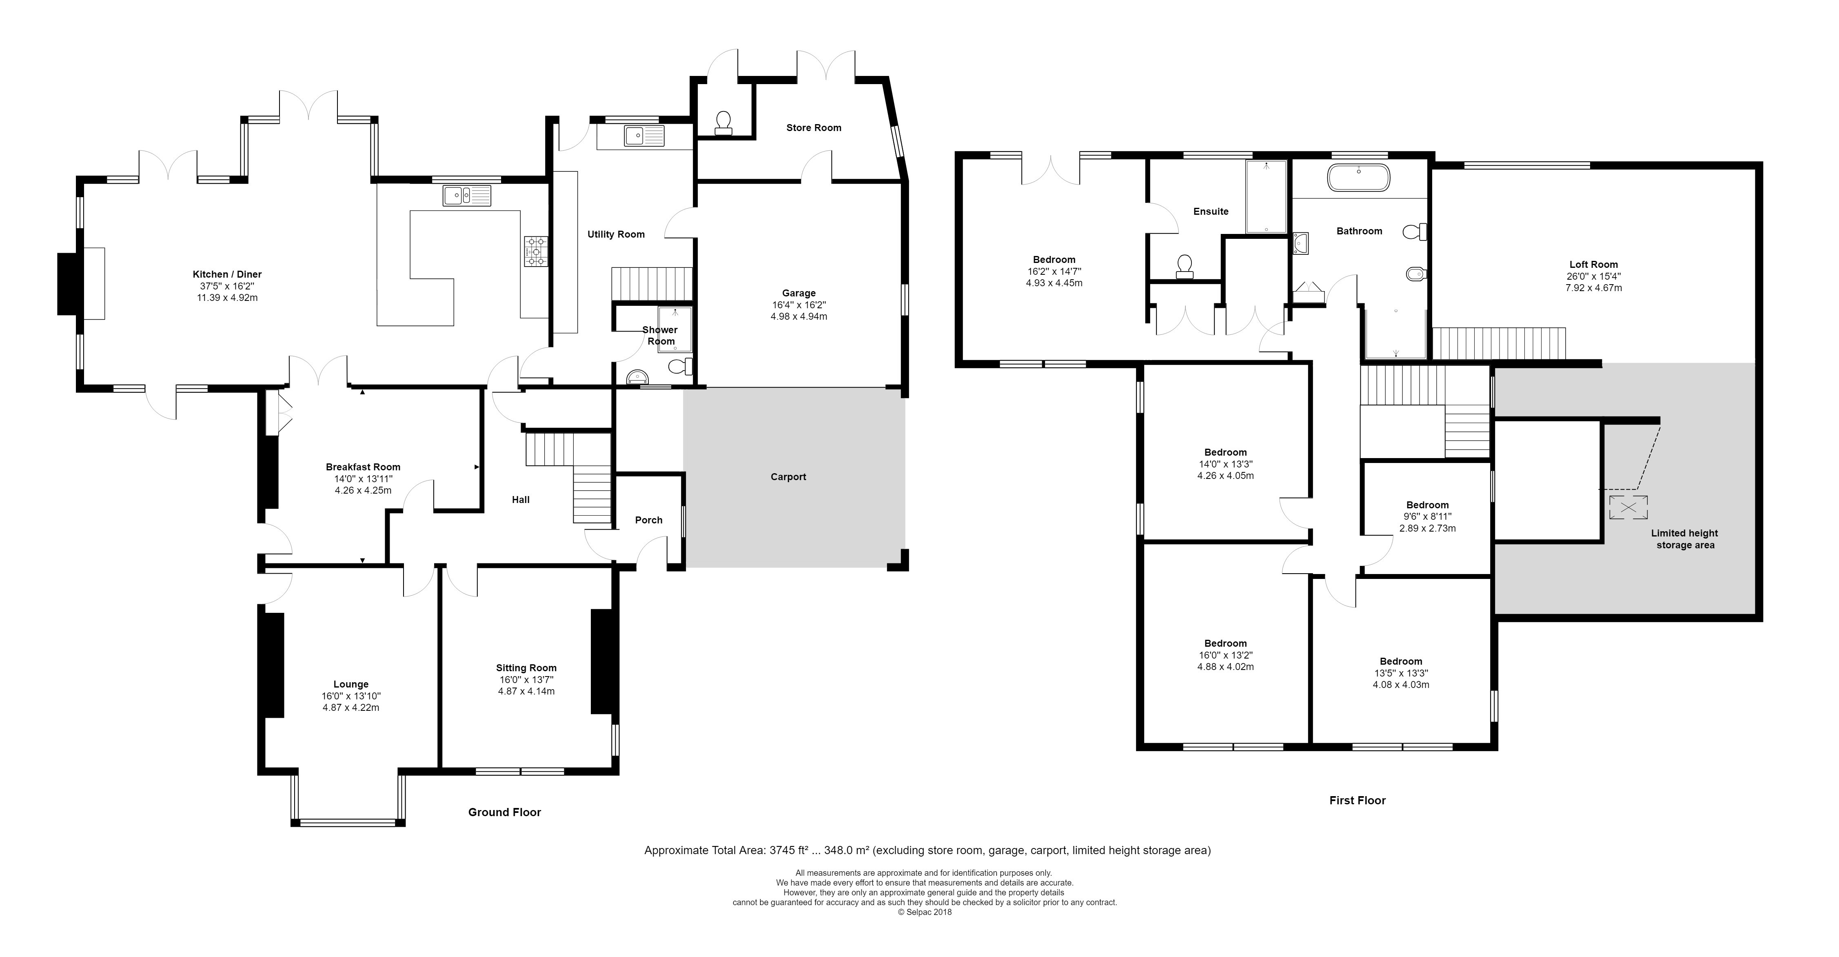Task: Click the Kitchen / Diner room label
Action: (227, 274)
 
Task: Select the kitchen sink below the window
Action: (467, 195)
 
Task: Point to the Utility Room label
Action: (616, 234)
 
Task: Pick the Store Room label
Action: (814, 128)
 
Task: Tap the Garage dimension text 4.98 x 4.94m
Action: (799, 316)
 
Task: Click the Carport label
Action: (788, 477)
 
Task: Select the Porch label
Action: (649, 520)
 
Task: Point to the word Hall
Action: (521, 500)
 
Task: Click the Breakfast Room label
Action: (364, 467)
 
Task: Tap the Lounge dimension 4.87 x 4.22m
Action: (350, 708)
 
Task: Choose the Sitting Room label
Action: (527, 668)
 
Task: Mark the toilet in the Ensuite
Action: (1185, 266)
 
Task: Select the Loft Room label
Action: (1593, 264)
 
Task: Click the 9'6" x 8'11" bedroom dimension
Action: (1428, 517)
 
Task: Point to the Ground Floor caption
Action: (505, 812)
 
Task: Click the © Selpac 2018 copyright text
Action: (925, 912)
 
